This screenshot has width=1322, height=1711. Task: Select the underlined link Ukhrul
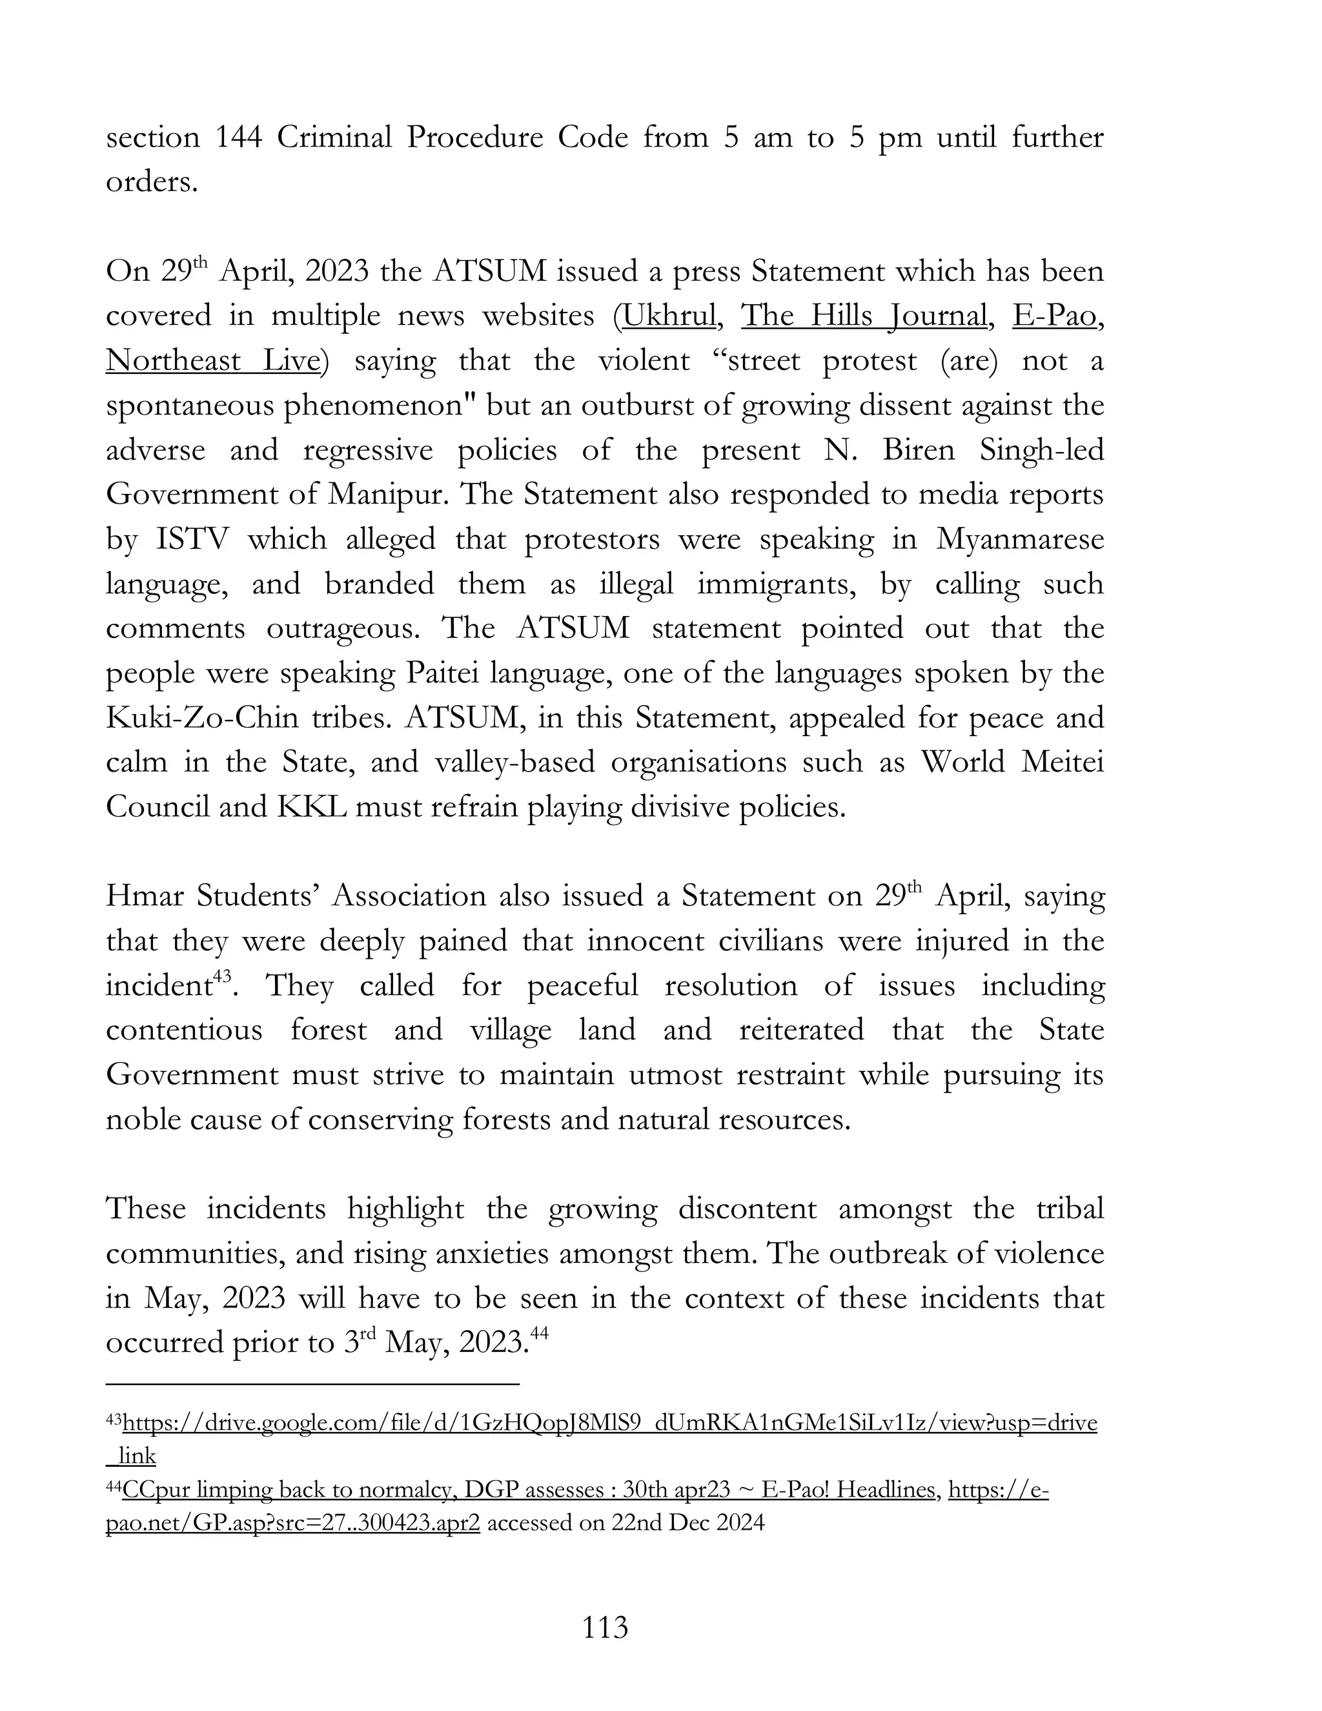669,316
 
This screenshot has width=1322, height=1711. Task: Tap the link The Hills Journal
864,316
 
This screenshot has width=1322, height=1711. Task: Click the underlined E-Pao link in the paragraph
1054,316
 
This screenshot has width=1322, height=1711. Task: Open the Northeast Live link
214,360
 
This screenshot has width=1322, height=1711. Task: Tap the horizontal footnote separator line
313,1384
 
